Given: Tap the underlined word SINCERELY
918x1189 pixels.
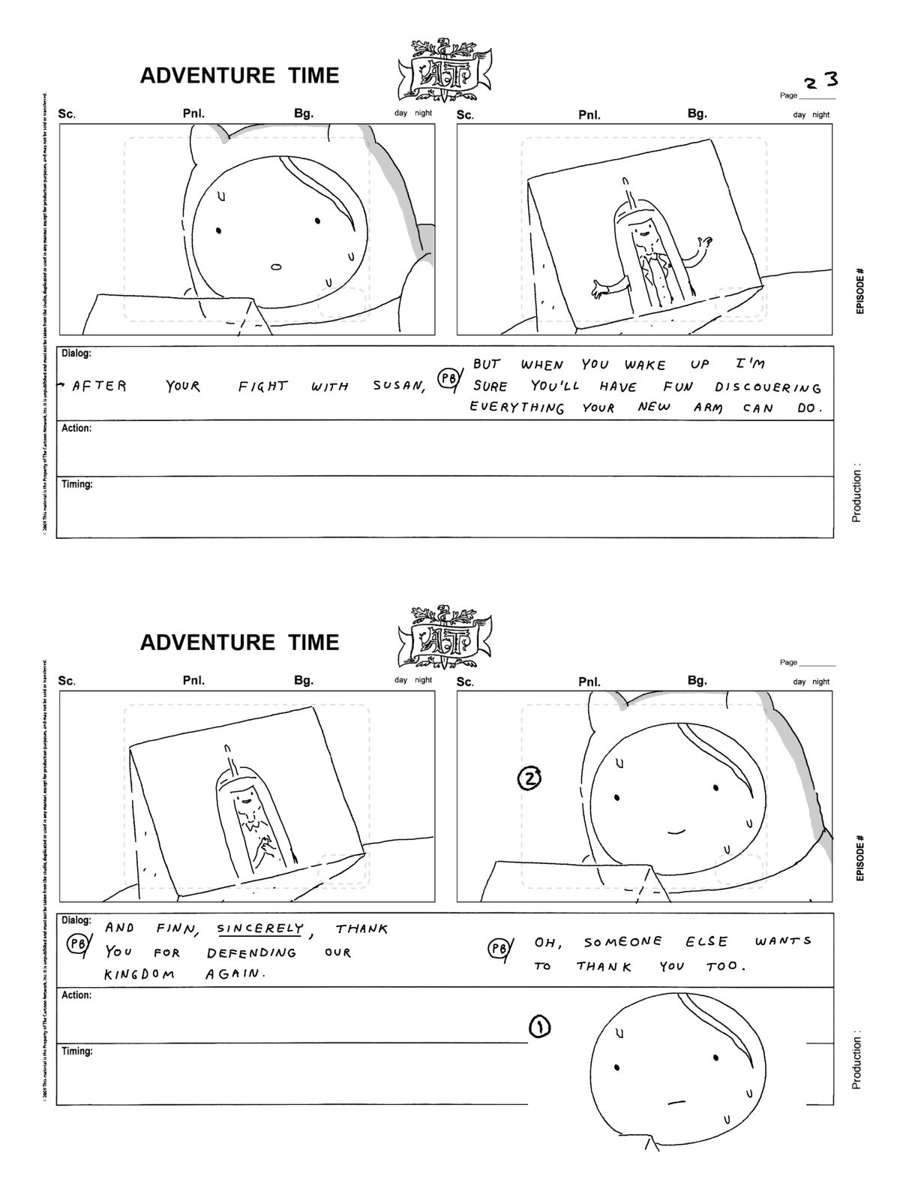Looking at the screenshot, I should click(259, 929).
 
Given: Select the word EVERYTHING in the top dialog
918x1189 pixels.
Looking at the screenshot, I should click(517, 408).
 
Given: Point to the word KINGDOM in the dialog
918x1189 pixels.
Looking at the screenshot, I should click(139, 974).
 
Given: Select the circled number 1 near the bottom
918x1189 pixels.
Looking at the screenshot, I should click(540, 1027).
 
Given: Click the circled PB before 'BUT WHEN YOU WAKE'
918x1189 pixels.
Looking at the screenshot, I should click(448, 380).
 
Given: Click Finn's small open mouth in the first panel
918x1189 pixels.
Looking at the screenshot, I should click(274, 266).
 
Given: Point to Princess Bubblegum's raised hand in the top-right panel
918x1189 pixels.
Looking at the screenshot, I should click(703, 243).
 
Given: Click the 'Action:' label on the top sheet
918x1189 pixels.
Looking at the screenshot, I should click(76, 429).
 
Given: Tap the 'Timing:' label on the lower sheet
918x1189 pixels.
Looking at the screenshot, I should click(77, 1052).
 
